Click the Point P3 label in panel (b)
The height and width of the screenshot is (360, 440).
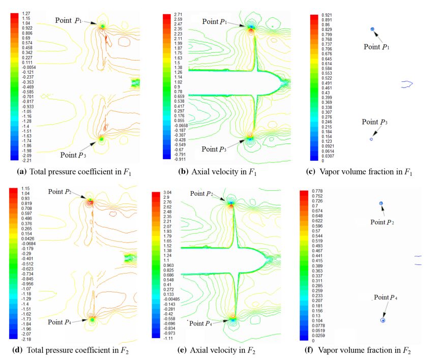pos(217,149)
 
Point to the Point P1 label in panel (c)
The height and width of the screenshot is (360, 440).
pos(377,46)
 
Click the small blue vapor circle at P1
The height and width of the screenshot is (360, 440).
pos(372,29)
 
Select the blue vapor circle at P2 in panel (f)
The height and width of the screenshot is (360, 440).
pos(380,204)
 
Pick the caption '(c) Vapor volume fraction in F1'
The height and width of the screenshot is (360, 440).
pos(365,172)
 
